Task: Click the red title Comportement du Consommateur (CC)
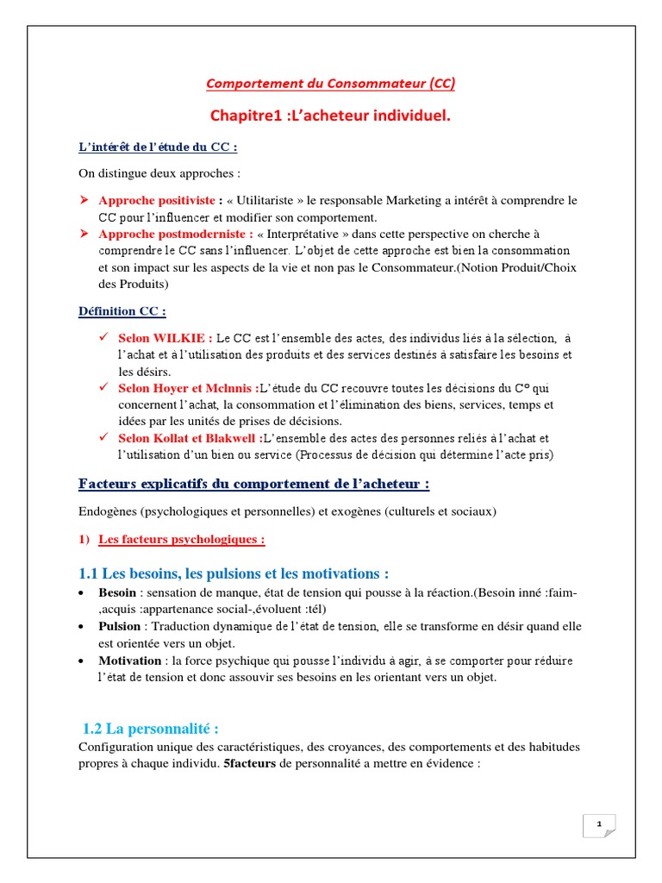(330, 84)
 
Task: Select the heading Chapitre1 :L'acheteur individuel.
(330, 116)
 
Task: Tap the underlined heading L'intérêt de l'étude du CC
(152, 146)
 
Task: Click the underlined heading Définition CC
(122, 310)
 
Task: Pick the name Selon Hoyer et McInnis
(188, 388)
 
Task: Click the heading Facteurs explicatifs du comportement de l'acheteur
(253, 484)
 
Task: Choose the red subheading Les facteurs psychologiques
(181, 540)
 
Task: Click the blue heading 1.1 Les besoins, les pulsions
(234, 573)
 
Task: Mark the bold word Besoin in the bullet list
(116, 593)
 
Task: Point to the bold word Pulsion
(119, 626)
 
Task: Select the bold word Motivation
(129, 660)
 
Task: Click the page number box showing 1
(599, 825)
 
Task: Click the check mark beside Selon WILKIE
(103, 338)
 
